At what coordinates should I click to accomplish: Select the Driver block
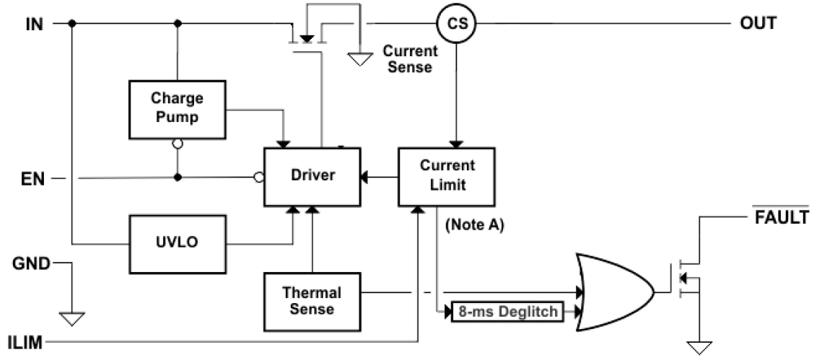point(312,175)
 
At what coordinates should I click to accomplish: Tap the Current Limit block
point(447,177)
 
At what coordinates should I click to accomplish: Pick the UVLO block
point(177,242)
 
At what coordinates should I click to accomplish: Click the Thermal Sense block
point(312,301)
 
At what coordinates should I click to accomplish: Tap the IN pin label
point(34,24)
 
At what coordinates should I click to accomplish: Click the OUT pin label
point(758,23)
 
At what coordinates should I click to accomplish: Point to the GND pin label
point(30,263)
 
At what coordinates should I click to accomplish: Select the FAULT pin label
point(782,217)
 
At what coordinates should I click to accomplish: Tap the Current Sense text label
point(410,59)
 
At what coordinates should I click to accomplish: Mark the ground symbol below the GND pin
point(72,318)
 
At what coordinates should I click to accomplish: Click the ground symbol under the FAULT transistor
point(698,348)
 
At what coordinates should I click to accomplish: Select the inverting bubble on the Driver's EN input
point(258,177)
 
